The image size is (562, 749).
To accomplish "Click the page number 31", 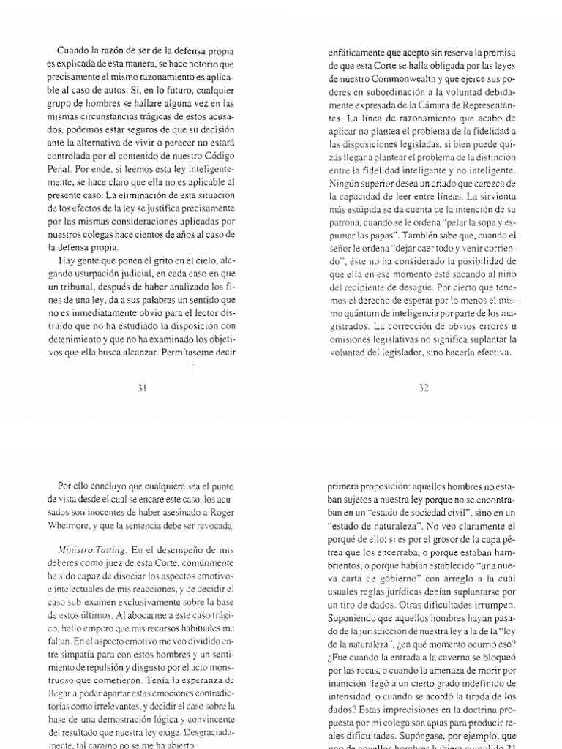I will (x=143, y=388).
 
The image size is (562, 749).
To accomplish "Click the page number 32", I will (x=423, y=388).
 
